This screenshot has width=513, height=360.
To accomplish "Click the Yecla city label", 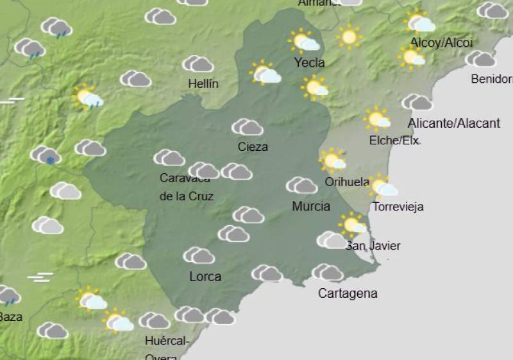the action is pyautogui.click(x=309, y=63).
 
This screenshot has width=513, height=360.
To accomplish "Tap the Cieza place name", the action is pyautogui.click(x=253, y=147).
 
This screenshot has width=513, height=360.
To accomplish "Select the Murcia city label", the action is pyautogui.click(x=311, y=206).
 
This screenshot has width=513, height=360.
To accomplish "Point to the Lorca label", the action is pyautogui.click(x=205, y=277).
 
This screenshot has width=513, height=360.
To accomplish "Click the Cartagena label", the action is pyautogui.click(x=348, y=293).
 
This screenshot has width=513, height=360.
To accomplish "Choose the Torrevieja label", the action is pyautogui.click(x=398, y=207).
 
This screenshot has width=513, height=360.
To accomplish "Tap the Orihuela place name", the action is pyautogui.click(x=347, y=182).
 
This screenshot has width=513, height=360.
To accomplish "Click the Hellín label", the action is pyautogui.click(x=203, y=83).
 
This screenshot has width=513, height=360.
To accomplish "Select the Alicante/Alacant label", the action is pyautogui.click(x=453, y=123).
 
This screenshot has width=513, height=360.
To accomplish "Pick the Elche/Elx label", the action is pyautogui.click(x=394, y=141).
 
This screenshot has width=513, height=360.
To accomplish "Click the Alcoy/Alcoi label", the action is pyautogui.click(x=441, y=43).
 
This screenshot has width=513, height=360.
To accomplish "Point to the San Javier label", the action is pyautogui.click(x=373, y=246).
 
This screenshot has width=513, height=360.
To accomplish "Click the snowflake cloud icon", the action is pyautogui.click(x=45, y=155).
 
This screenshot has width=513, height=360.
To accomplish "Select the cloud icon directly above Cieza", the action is pyautogui.click(x=248, y=127).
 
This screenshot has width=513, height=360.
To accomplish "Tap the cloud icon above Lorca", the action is pyautogui.click(x=199, y=255).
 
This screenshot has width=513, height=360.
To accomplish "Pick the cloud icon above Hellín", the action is pyautogui.click(x=198, y=64).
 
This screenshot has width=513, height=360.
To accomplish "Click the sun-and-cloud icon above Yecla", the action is pyautogui.click(x=304, y=41).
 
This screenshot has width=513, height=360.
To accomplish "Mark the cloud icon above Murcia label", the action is pyautogui.click(x=301, y=185).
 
